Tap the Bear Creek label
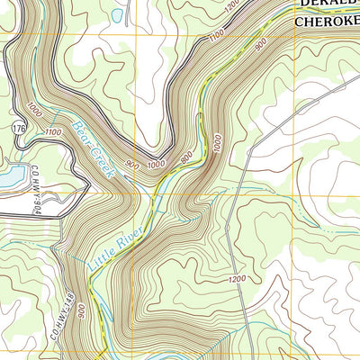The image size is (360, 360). pos(94,148)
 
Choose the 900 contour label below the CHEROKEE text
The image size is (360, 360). pos(261,42)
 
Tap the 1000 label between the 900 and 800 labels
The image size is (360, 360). pos(157,165)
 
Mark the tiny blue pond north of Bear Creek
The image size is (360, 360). pos(117,17)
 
